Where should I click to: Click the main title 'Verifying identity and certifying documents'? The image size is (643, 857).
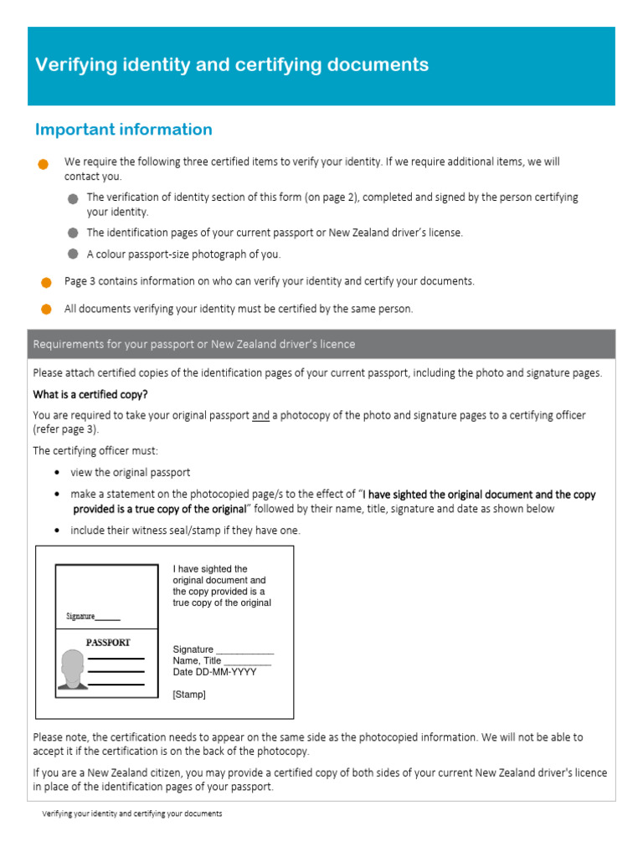pyautogui.click(x=232, y=65)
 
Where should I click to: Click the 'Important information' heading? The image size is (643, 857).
pyautogui.click(x=124, y=130)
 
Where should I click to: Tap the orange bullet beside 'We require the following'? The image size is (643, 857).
pyautogui.click(x=43, y=164)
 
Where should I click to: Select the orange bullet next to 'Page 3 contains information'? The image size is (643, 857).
pyautogui.click(x=46, y=282)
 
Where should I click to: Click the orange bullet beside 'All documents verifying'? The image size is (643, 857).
pyautogui.click(x=46, y=310)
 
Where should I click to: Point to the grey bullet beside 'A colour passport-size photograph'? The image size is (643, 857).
pyautogui.click(x=73, y=254)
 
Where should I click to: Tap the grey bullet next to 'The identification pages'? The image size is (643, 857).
pyautogui.click(x=73, y=233)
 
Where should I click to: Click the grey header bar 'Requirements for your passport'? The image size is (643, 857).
pyautogui.click(x=193, y=344)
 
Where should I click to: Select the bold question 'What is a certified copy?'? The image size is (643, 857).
pyautogui.click(x=90, y=394)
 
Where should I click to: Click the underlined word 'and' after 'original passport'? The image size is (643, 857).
pyautogui.click(x=260, y=416)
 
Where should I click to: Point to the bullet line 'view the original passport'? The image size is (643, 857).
pyautogui.click(x=130, y=473)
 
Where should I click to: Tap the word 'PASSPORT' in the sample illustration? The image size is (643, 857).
pyautogui.click(x=108, y=643)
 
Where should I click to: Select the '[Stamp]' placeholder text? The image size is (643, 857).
pyautogui.click(x=188, y=695)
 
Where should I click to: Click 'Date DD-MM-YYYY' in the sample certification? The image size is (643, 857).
pyautogui.click(x=214, y=672)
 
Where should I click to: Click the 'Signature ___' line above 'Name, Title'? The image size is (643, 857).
pyautogui.click(x=223, y=649)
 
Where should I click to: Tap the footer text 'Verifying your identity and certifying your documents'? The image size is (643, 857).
pyautogui.click(x=132, y=813)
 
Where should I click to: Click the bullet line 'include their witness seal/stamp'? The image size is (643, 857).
pyautogui.click(x=184, y=531)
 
